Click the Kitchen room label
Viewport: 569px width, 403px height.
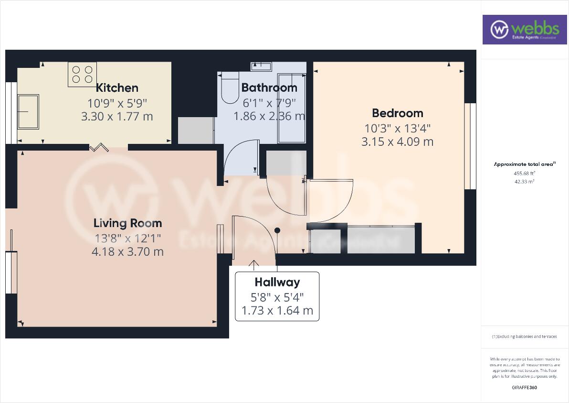click(x=117, y=88)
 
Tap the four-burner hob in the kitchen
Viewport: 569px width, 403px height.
click(x=82, y=75)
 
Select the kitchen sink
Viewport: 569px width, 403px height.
click(x=28, y=111)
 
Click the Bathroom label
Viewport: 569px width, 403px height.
click(x=269, y=88)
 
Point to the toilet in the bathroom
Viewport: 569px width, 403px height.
click(x=230, y=88)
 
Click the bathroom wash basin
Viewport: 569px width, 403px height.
click(x=261, y=66)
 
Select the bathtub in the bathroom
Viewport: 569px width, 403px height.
click(x=291, y=108)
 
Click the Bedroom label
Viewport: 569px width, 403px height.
click(x=398, y=113)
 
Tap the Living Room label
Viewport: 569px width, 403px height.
click(x=127, y=223)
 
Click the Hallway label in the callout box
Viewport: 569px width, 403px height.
click(x=277, y=282)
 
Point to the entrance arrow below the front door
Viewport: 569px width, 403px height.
click(x=253, y=264)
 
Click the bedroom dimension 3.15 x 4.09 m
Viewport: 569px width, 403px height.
click(x=398, y=142)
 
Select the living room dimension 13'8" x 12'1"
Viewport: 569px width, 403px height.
click(x=127, y=238)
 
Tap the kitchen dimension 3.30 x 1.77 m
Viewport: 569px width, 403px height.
click(x=117, y=116)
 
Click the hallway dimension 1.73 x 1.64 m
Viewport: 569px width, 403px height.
click(x=277, y=311)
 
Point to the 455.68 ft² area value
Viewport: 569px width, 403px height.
click(x=524, y=174)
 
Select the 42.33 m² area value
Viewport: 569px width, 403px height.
click(x=524, y=182)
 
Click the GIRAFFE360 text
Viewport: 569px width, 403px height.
click(x=524, y=388)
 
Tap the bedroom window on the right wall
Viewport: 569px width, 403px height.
click(x=470, y=146)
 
